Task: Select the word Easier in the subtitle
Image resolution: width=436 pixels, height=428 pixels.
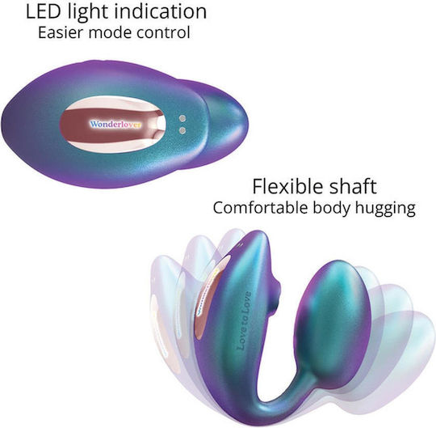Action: coord(61,32)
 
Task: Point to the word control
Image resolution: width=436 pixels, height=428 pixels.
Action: coord(163,32)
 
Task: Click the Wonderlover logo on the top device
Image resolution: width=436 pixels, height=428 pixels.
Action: coord(115,125)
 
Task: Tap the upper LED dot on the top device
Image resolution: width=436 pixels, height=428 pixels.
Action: coord(182,118)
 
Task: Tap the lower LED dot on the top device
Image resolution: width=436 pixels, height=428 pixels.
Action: coord(182,130)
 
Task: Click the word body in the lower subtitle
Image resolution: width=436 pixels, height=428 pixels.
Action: coord(331,209)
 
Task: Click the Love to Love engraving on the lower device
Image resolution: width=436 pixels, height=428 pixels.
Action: coord(244,320)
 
